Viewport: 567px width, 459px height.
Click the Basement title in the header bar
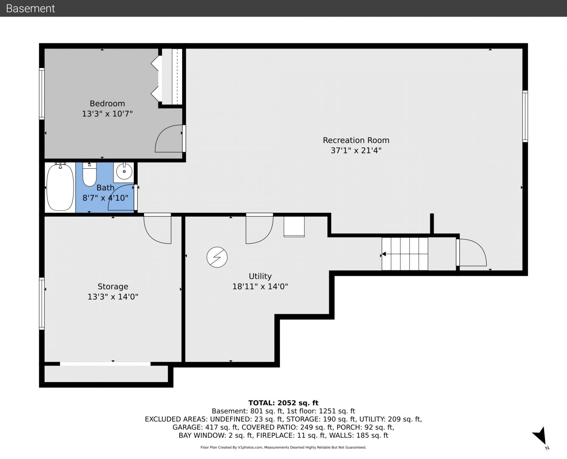pyautogui.click(x=30, y=8)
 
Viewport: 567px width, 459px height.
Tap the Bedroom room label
pyautogui.click(x=107, y=103)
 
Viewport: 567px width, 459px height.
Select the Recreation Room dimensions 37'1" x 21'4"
pyautogui.click(x=356, y=150)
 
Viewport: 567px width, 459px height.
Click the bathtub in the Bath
pyautogui.click(x=60, y=187)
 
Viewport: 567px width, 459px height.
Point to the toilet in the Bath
pyautogui.click(x=90, y=174)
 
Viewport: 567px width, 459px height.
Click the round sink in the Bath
pyautogui.click(x=124, y=172)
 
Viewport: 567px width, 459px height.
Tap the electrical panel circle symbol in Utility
pyautogui.click(x=217, y=257)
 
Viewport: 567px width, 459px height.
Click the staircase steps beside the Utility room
pyautogui.click(x=405, y=254)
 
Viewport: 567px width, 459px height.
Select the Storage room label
pyautogui.click(x=113, y=286)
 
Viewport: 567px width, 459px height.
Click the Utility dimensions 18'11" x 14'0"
pyautogui.click(x=260, y=286)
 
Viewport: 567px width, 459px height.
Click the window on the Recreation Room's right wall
pyautogui.click(x=525, y=116)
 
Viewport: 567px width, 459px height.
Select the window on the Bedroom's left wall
pyautogui.click(x=42, y=94)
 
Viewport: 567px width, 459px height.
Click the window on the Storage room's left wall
pyautogui.click(x=42, y=303)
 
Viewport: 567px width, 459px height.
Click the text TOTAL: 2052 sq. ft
pyautogui.click(x=283, y=403)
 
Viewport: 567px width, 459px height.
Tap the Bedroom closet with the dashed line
pyautogui.click(x=172, y=76)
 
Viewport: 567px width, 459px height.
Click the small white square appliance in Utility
pyautogui.click(x=294, y=227)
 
